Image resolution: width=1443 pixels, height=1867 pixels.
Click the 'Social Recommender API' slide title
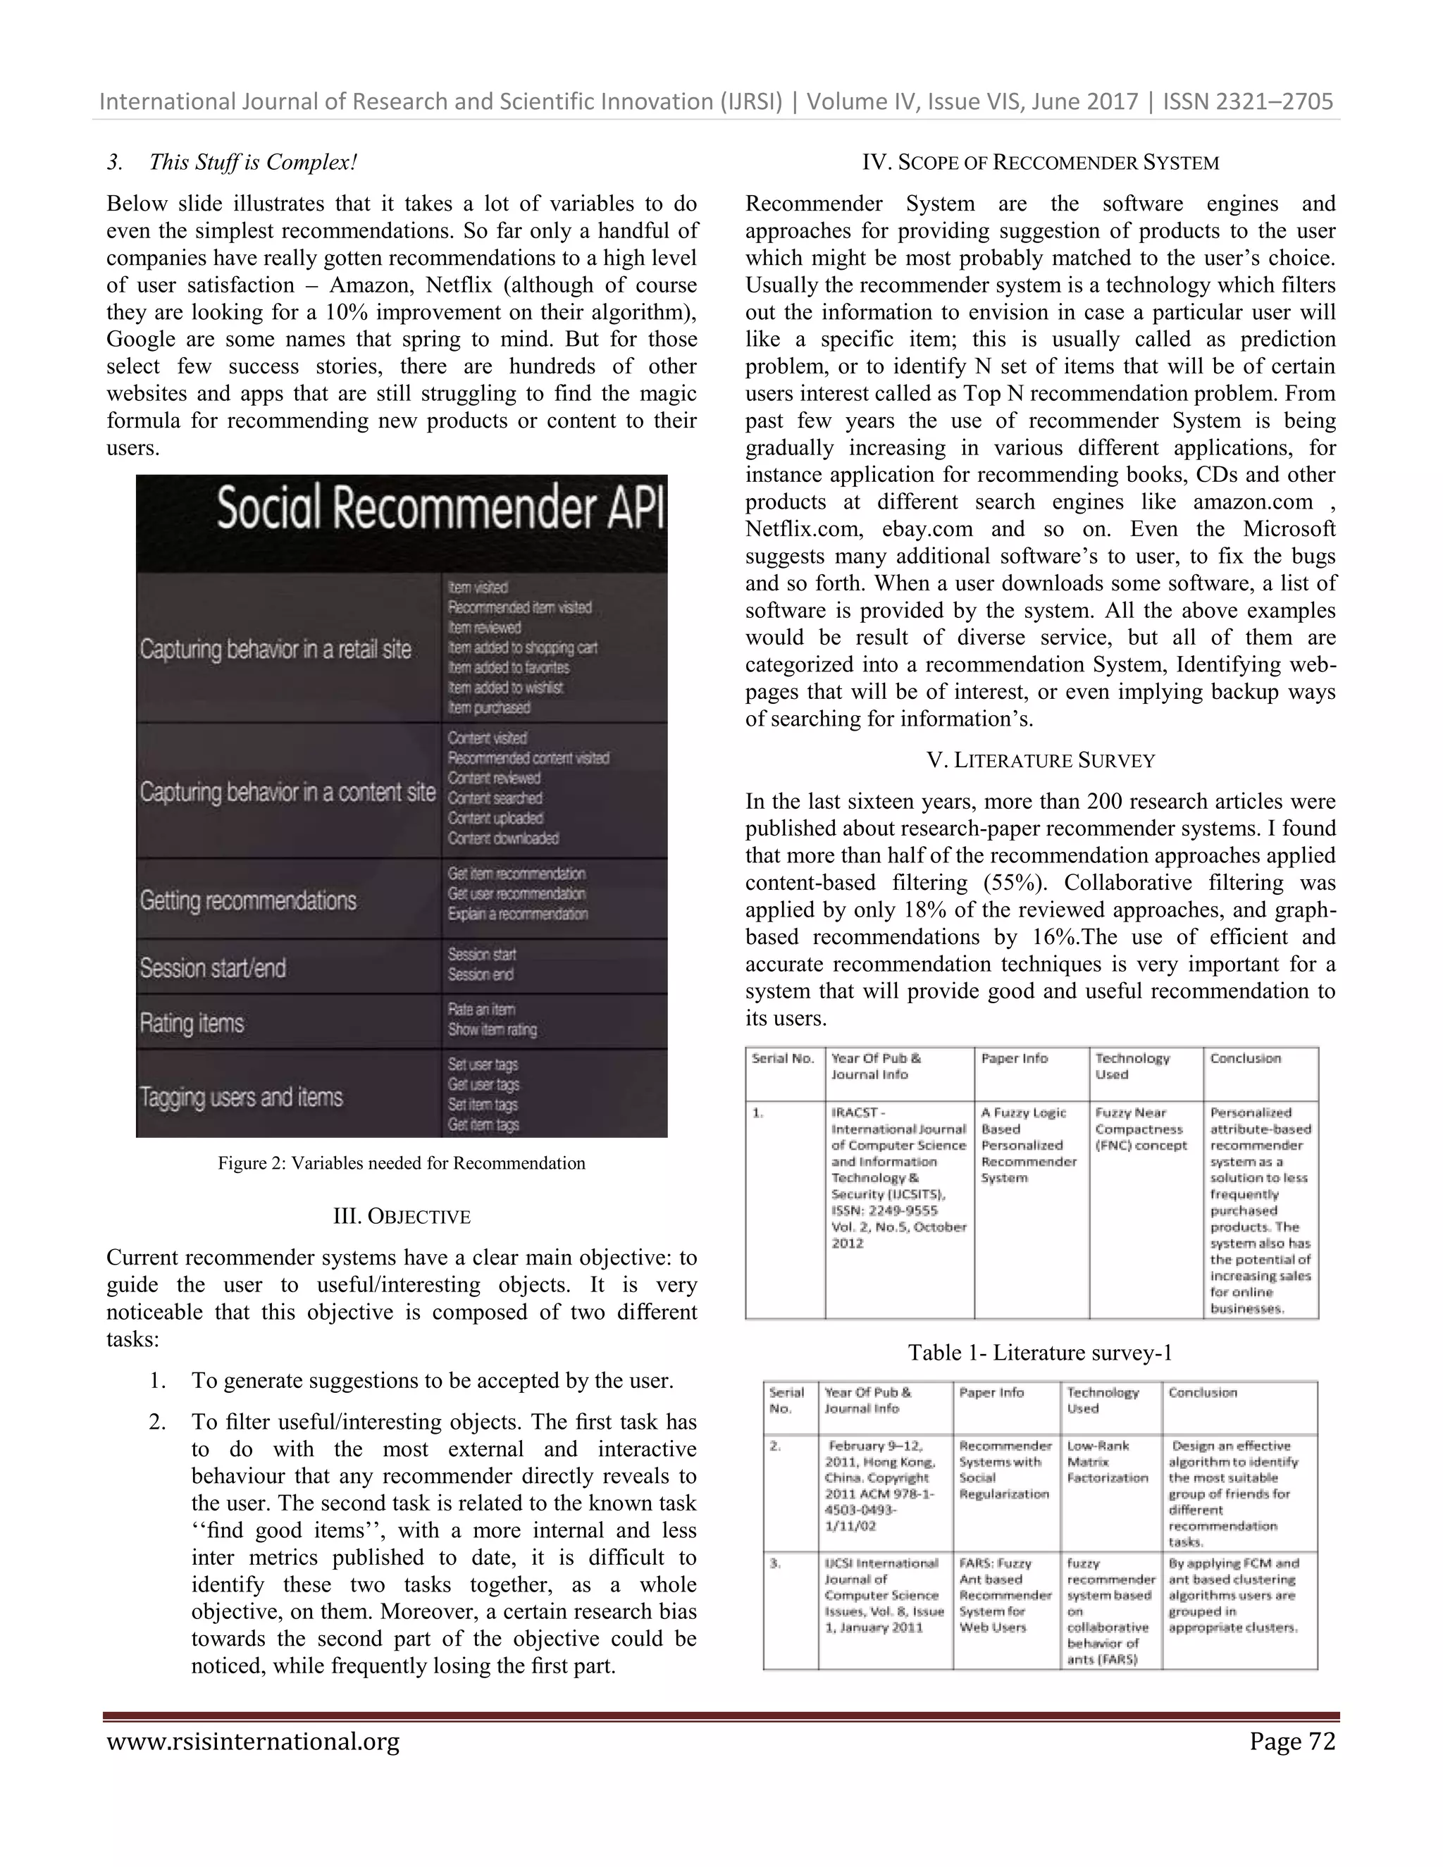pos(440,509)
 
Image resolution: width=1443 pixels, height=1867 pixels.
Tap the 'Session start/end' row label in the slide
pos(213,968)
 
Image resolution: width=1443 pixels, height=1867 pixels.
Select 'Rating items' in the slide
pos(192,1022)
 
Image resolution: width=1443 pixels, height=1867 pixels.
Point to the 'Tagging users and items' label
pos(241,1097)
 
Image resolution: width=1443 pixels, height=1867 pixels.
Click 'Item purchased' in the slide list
pos(489,708)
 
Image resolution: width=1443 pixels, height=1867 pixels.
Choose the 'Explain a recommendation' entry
pos(517,914)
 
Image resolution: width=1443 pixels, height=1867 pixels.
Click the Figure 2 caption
pos(401,1162)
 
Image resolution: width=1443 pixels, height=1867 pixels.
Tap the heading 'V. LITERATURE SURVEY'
pos(1041,760)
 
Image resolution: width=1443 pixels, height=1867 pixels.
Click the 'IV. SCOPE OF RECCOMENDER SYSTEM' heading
pos(1041,163)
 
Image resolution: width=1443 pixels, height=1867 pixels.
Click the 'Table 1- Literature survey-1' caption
pos(1039,1353)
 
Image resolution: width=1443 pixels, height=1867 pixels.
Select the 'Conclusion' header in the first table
pos(1245,1058)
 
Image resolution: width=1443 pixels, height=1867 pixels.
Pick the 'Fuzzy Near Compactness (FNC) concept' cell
pos(1141,1129)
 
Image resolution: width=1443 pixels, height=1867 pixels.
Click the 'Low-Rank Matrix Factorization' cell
pos(1107,1461)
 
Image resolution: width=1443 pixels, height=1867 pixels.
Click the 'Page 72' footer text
pos(1292,1742)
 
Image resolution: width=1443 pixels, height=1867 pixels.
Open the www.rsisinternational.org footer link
pos(253,1742)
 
